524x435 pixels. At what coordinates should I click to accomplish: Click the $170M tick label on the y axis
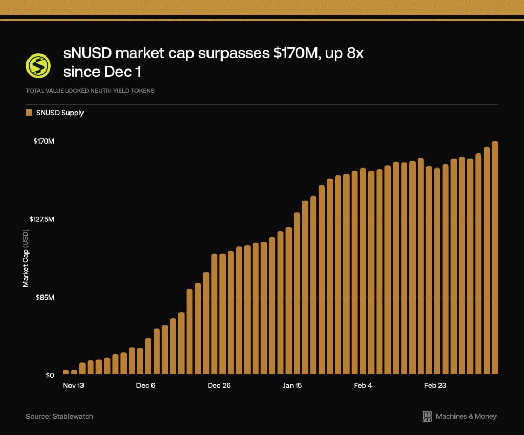(x=44, y=141)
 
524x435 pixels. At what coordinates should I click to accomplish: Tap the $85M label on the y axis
(x=45, y=297)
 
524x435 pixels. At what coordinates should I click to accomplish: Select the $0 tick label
(x=49, y=375)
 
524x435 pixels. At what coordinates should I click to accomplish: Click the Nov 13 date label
(x=73, y=386)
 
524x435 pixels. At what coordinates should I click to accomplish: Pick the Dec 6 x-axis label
(x=146, y=386)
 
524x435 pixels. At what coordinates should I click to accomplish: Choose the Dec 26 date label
(x=219, y=386)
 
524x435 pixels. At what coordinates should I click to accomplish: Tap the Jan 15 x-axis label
(x=292, y=386)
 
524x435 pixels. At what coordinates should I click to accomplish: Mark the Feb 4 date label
(x=363, y=386)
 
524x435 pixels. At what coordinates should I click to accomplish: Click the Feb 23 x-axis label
(x=435, y=386)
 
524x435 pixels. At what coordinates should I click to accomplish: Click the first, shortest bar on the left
(x=66, y=372)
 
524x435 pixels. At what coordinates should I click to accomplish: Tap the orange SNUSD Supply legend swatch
(x=29, y=113)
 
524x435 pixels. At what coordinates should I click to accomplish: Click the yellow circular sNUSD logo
(x=38, y=65)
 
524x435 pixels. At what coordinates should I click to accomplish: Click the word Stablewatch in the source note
(x=73, y=416)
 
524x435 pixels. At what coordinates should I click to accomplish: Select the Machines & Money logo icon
(x=428, y=416)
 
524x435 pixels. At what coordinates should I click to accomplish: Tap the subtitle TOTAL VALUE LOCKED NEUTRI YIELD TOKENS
(x=90, y=91)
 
